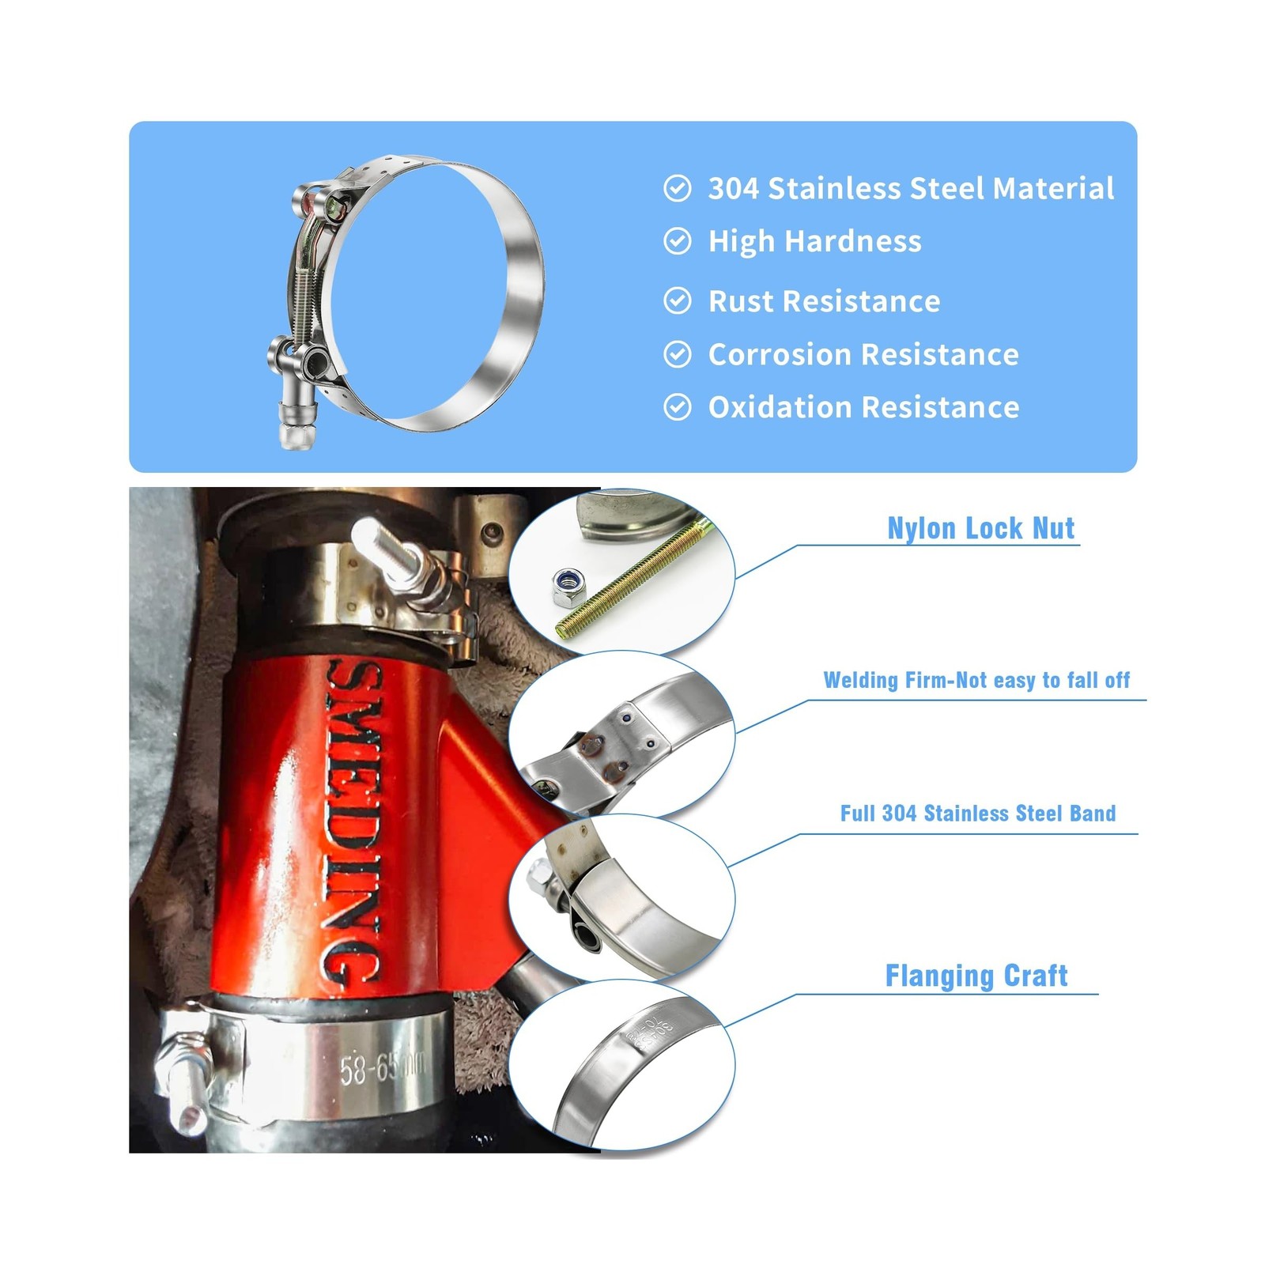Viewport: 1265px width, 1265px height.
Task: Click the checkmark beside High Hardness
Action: (677, 241)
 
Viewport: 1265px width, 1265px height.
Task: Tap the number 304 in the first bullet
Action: (733, 189)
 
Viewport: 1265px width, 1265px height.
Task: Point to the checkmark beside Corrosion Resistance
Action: (677, 354)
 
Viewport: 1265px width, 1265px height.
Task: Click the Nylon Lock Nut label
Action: (980, 528)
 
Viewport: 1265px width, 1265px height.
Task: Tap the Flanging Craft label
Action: (976, 976)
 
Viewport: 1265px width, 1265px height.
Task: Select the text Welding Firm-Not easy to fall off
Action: (976, 680)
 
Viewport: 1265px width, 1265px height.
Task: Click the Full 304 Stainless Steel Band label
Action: (977, 814)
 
